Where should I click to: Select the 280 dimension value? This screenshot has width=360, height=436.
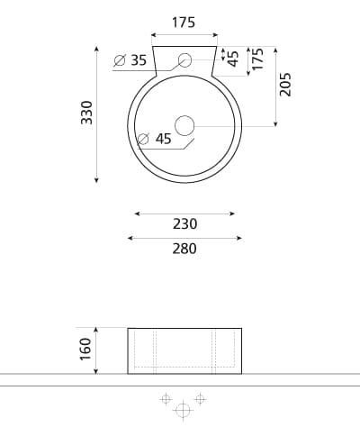tap(184, 249)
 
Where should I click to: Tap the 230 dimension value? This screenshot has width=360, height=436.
tap(184, 224)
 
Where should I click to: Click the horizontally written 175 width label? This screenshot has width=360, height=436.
tap(184, 23)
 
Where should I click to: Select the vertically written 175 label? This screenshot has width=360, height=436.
tap(258, 60)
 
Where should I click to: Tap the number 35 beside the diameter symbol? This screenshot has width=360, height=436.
tap(138, 60)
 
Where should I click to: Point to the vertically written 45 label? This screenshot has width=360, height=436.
tap(234, 59)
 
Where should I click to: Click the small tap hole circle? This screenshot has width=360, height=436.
tap(184, 61)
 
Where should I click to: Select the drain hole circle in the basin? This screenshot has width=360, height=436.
tap(184, 126)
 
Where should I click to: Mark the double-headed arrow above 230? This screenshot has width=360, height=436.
tap(184, 213)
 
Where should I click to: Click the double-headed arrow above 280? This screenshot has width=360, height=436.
tap(184, 238)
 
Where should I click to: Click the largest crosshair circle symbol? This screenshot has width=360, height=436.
tap(183, 411)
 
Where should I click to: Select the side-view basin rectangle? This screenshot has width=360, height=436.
tap(184, 350)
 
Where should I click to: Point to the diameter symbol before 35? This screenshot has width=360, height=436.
tap(120, 61)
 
